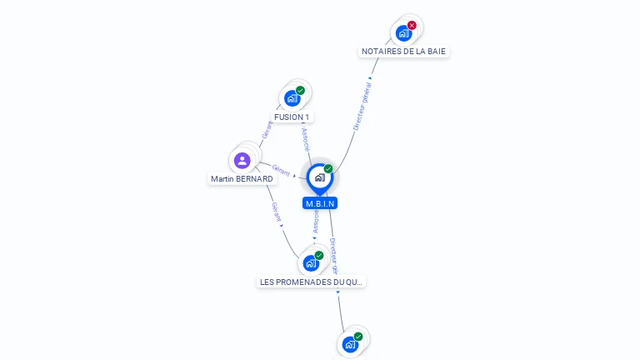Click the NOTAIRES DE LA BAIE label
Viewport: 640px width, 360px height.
403,51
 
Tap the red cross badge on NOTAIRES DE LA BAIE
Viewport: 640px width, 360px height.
412,25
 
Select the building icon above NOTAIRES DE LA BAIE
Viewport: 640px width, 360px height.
403,33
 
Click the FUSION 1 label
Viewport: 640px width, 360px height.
292,117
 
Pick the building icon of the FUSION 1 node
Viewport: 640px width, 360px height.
292,98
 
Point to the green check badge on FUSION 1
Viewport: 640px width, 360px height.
300,90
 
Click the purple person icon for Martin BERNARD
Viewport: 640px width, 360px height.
242,160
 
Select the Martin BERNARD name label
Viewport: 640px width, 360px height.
242,179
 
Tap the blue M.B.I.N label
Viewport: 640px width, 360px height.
320,203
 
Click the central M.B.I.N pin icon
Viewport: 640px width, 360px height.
319,177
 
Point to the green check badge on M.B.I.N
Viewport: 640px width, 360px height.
328,168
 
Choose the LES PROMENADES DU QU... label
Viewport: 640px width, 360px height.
312,282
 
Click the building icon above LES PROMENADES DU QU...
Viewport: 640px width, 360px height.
311,263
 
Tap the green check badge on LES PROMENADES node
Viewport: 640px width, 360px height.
319,255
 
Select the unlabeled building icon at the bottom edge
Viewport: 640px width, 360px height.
350,344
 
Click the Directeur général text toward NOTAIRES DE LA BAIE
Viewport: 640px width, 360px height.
362,107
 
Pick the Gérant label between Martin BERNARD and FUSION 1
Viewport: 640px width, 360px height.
267,130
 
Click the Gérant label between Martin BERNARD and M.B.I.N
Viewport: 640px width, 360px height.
281,170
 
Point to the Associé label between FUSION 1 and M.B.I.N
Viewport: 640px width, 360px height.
305,138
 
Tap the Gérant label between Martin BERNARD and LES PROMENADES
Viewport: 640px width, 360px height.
277,212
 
